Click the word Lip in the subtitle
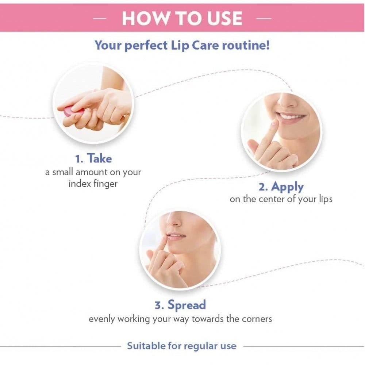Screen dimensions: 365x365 180,46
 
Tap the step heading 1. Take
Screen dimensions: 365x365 93,158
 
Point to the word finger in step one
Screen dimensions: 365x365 105,184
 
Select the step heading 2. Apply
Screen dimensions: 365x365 281,187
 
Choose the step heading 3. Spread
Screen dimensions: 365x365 180,305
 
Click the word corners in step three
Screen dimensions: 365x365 257,319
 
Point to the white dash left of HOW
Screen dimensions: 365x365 100,18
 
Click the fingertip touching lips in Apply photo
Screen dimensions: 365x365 275,123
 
